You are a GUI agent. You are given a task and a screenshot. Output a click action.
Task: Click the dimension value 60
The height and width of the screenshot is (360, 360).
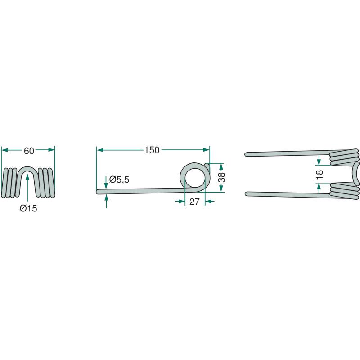29,151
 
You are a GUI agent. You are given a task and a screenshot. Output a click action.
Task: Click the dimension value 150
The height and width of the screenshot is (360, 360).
152,150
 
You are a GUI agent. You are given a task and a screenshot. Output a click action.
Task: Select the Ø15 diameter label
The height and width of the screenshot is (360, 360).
28,208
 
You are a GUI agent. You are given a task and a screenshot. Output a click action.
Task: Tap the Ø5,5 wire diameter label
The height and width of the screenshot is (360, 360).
119,180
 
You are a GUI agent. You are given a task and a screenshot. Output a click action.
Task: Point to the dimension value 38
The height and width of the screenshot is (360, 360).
221,177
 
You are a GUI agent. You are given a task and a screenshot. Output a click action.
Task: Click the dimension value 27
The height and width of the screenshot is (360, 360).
194,202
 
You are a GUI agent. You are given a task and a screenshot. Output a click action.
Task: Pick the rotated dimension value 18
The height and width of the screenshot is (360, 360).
319,175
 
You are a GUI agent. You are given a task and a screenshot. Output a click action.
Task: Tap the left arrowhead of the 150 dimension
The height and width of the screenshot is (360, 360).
99,150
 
